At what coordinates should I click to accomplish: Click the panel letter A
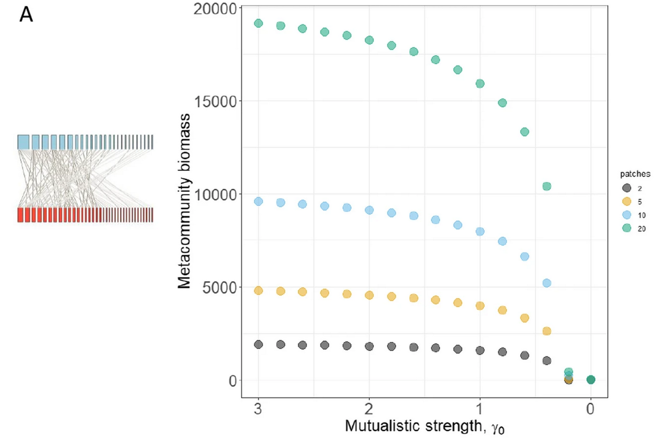tap(26, 14)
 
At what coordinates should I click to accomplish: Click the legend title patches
tap(631, 175)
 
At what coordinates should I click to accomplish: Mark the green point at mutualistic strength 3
tap(258, 23)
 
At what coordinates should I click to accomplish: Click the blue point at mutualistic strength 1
tap(479, 231)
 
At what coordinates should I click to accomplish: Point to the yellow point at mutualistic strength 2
tap(369, 295)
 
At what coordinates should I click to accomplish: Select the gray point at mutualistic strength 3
tap(258, 345)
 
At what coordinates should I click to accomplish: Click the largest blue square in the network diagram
tap(23, 142)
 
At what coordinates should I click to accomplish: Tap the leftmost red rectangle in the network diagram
tap(21, 215)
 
